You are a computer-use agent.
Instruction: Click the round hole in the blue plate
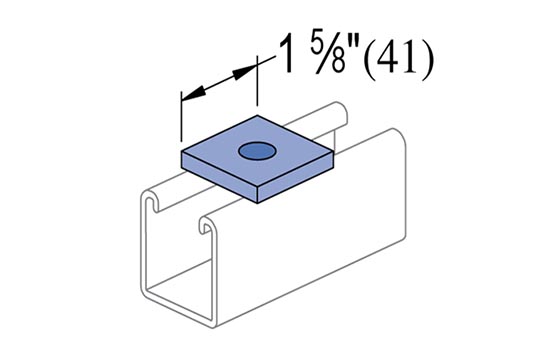pos(257,151)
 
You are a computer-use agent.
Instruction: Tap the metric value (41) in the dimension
pos(399,59)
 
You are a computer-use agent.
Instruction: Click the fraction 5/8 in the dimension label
pos(328,54)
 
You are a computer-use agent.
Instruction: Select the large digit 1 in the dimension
pos(288,53)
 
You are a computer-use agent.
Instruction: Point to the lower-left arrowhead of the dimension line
pos(193,94)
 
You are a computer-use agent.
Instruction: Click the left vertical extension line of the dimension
pos(181,116)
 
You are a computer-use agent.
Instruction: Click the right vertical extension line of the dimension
pos(257,81)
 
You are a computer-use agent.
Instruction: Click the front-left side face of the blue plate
pos(220,176)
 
